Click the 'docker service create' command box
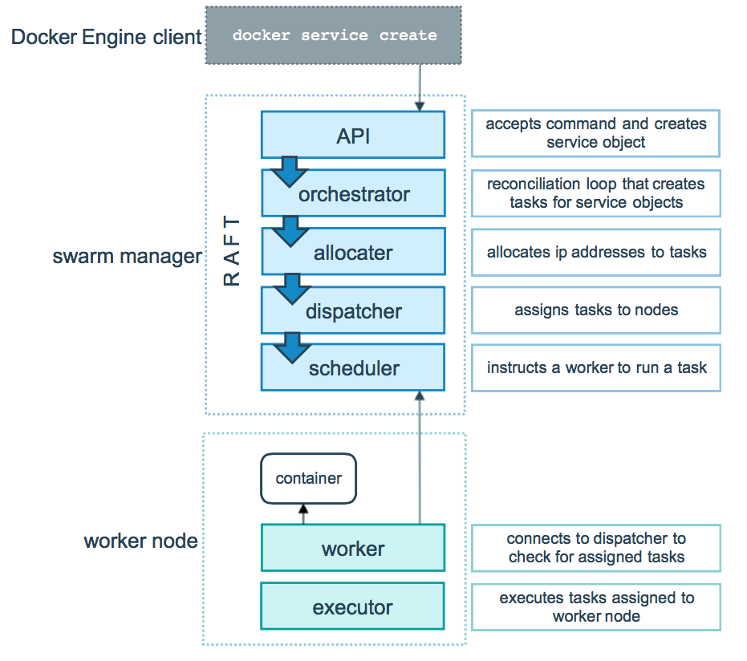[334, 35]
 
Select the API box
[353, 135]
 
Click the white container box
[308, 479]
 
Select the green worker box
[353, 549]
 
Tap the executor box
[353, 606]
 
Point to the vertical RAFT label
[231, 251]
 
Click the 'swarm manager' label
[127, 257]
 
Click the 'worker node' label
[140, 541]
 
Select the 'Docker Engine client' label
[106, 37]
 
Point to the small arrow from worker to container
[303, 514]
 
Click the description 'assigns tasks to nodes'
[595, 310]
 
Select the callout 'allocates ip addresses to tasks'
[595, 252]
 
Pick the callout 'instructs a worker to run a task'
[595, 368]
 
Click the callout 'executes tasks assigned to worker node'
[595, 606]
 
